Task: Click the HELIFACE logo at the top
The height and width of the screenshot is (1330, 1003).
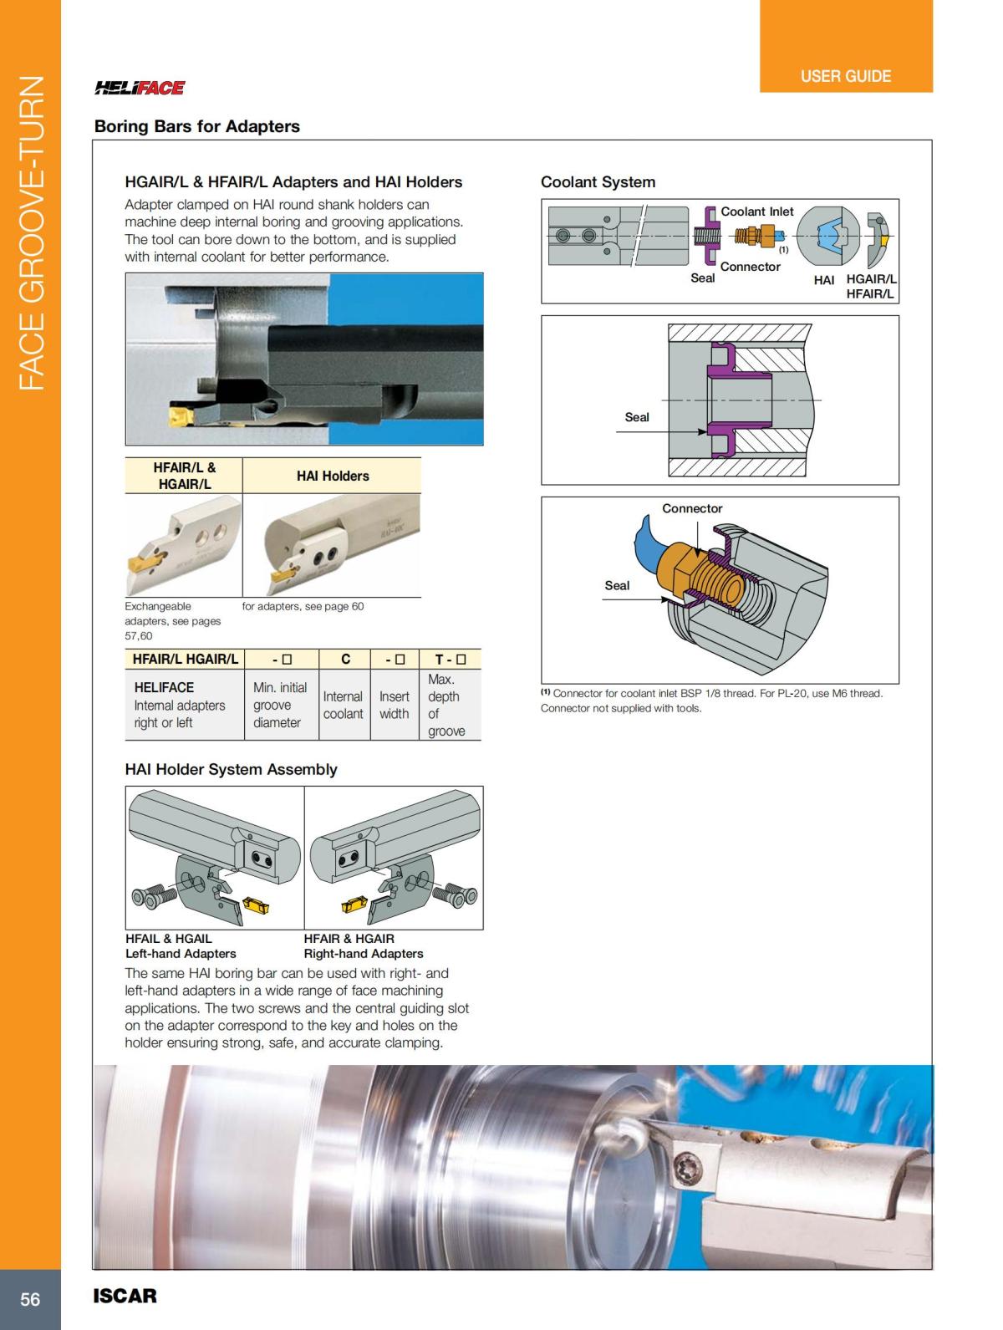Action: click(x=140, y=88)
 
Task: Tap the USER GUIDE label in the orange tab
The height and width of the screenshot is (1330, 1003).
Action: click(x=845, y=76)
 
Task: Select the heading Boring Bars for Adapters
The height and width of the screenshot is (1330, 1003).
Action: click(x=196, y=126)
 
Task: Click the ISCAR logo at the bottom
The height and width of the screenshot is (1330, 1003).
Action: click(x=125, y=1297)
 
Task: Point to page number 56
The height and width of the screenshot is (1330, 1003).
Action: click(x=30, y=1299)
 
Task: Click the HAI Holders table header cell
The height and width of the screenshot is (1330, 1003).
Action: click(x=332, y=476)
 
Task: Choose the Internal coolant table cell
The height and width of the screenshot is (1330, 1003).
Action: click(x=343, y=705)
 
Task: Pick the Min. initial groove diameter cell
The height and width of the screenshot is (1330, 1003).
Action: click(x=279, y=705)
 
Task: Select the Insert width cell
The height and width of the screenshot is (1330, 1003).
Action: click(x=394, y=705)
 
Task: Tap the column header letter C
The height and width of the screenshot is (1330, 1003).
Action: click(x=345, y=659)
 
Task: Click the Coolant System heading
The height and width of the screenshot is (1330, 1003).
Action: click(x=598, y=181)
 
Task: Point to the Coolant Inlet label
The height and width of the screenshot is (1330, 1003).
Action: click(x=756, y=211)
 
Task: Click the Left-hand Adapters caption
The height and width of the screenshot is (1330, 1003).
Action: click(x=181, y=953)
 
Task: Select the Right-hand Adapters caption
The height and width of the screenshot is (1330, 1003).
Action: click(x=364, y=953)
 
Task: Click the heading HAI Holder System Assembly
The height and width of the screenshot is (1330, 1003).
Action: click(x=231, y=769)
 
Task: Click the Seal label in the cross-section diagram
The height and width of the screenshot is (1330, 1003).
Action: click(x=636, y=417)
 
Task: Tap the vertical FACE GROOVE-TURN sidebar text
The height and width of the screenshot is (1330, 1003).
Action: click(x=31, y=233)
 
